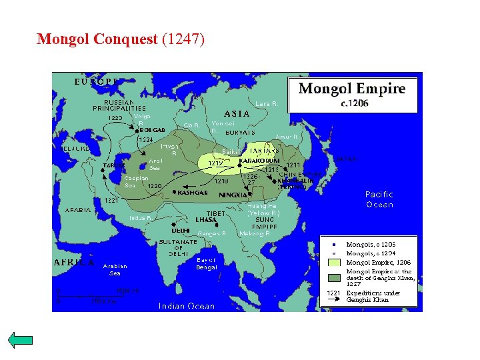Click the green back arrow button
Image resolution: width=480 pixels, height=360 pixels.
pos(21,340)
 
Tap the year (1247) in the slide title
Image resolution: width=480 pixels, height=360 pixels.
pos(183,39)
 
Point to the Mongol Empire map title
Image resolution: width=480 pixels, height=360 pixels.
pos(351,89)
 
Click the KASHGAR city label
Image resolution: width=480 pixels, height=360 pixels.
pos(193,192)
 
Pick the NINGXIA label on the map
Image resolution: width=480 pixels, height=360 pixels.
pos(232,195)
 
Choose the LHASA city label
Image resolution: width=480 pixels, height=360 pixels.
pos(206,219)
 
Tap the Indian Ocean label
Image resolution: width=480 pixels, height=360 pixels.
pos(187,306)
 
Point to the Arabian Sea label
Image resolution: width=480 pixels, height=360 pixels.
pos(115,269)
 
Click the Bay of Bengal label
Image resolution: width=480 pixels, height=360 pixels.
pos(207,263)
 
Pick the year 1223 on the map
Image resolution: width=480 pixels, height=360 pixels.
pos(115,118)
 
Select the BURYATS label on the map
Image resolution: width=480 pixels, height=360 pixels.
pos(240,132)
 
